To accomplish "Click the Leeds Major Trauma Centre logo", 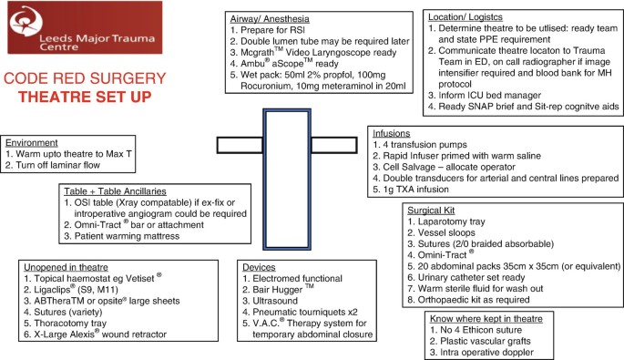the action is click(85, 27).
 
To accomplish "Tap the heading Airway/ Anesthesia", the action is click(270, 19).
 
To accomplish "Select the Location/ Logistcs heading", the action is click(465, 17).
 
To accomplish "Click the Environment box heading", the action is click(32, 142).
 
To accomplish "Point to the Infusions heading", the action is click(391, 133).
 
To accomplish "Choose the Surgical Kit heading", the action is click(431, 211).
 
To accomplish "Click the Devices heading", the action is click(259, 267).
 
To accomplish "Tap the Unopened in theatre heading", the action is click(66, 267).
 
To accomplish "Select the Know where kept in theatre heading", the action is click(486, 319).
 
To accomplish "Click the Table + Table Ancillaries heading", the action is click(115, 191).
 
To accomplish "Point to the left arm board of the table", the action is click(240, 145).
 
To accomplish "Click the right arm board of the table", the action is click(334, 145).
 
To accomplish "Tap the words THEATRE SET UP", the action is click(85, 97).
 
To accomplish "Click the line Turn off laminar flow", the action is click(57, 165).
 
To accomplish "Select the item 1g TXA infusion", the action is click(415, 190).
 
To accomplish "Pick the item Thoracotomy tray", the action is click(70, 323).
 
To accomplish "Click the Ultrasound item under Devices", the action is click(275, 301).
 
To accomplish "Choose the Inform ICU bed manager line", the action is click(489, 95).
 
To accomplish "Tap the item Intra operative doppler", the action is click(486, 352).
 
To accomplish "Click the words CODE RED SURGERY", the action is click(85, 78).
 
